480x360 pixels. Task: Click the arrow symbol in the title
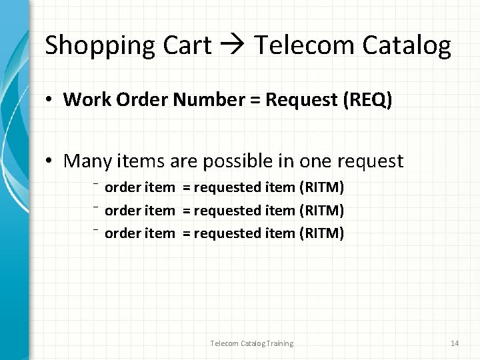tap(233, 45)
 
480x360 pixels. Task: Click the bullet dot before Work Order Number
tap(50, 100)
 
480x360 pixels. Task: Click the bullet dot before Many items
tap(50, 161)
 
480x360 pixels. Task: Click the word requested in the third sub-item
tap(227, 233)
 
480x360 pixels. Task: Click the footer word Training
tap(277, 343)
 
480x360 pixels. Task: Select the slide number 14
tap(455, 343)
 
